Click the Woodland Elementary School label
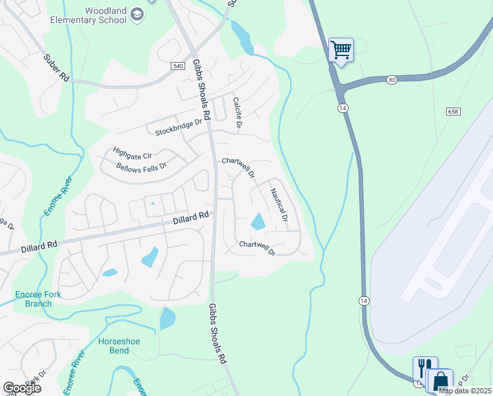pyautogui.click(x=88, y=15)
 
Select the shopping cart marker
pyautogui.click(x=341, y=49)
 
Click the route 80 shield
pyautogui.click(x=392, y=80)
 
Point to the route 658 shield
pyautogui.click(x=452, y=112)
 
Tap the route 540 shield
pyautogui.click(x=177, y=66)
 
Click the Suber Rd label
pyautogui.click(x=57, y=67)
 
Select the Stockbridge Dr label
pyautogui.click(x=177, y=127)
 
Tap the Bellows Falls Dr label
pyautogui.click(x=141, y=165)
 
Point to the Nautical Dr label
pyautogui.click(x=279, y=205)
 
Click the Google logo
pyautogui.click(x=22, y=388)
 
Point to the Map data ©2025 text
pyautogui.click(x=465, y=391)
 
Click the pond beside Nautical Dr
pyautogui.click(x=258, y=222)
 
